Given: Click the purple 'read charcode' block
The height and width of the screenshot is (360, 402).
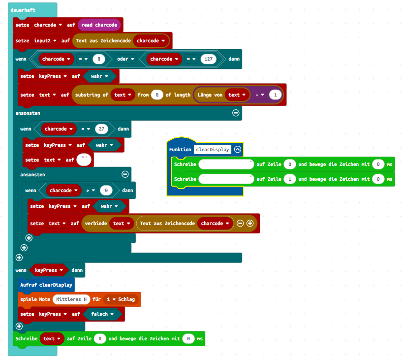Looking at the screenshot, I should [100, 25].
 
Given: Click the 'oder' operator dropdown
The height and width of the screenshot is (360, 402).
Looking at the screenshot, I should [123, 59].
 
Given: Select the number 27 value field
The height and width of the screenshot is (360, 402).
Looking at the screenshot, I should [102, 129].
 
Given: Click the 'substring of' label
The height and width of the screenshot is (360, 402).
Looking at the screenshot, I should [92, 95].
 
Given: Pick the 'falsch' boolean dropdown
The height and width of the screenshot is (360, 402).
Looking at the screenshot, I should [102, 314].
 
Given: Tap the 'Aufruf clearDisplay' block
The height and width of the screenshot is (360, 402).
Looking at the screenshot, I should [46, 285].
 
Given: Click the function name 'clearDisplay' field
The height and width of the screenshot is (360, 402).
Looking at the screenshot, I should [213, 149].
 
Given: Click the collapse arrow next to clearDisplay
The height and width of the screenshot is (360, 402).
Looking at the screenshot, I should [238, 149].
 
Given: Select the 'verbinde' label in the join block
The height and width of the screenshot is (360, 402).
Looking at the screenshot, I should [95, 223].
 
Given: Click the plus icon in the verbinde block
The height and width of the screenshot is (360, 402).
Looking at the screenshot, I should [250, 223].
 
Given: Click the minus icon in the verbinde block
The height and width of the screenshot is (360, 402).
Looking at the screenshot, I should [240, 223].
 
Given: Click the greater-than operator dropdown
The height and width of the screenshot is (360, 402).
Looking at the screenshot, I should [88, 190].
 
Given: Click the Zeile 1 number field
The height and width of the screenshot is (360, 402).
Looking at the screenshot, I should [290, 179].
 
